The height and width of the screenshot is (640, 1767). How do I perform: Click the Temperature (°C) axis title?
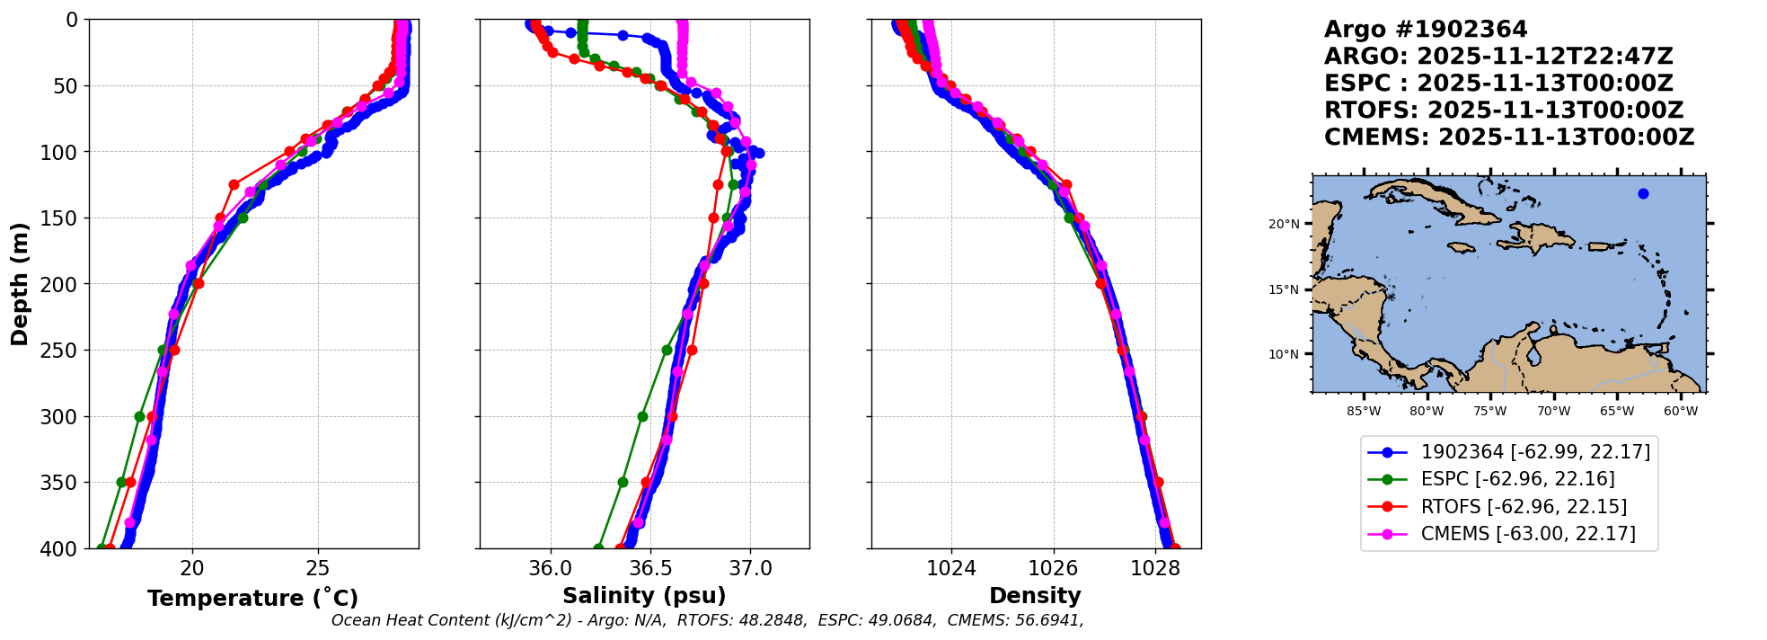[252, 598]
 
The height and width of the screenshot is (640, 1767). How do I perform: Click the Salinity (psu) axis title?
[644, 596]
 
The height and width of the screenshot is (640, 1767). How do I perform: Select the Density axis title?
[1035, 596]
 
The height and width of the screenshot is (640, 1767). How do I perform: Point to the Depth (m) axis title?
[20, 284]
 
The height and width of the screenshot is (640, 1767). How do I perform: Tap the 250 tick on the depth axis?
[66, 351]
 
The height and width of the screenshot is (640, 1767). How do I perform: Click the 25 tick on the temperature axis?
[318, 568]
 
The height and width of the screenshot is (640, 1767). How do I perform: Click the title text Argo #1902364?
[1426, 30]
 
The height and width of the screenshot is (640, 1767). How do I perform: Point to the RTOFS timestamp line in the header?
[1504, 111]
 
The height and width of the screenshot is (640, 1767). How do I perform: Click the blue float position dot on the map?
[1643, 193]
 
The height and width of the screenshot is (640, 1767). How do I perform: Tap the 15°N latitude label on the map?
[1284, 289]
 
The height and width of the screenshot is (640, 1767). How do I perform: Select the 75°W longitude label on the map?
[1489, 412]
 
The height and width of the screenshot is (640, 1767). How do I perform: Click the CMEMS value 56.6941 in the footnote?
[1047, 620]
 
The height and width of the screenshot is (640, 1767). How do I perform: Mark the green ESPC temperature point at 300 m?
[139, 416]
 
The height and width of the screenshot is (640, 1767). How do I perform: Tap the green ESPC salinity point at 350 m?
[623, 482]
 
